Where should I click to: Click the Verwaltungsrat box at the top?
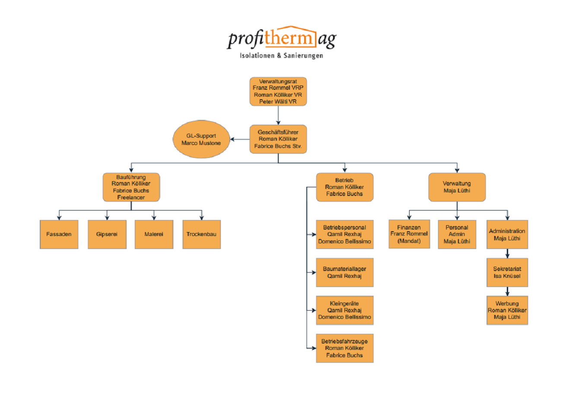click(278, 91)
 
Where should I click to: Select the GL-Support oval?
click(201, 139)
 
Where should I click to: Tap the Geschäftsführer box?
click(278, 139)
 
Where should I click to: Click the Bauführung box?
click(131, 187)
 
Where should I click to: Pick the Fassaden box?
click(59, 234)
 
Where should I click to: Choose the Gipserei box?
click(107, 234)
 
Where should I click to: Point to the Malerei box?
click(154, 234)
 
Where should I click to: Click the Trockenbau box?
click(201, 234)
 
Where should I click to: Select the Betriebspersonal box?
click(344, 234)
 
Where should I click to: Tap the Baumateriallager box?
click(344, 272)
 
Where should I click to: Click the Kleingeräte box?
click(344, 310)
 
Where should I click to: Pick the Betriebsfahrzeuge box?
click(344, 348)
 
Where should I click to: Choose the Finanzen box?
click(409, 234)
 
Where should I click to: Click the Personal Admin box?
click(457, 234)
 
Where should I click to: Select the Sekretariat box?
click(507, 272)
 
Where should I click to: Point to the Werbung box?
click(507, 310)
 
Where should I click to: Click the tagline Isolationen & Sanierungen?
click(281, 56)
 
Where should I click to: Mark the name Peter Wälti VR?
click(278, 102)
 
